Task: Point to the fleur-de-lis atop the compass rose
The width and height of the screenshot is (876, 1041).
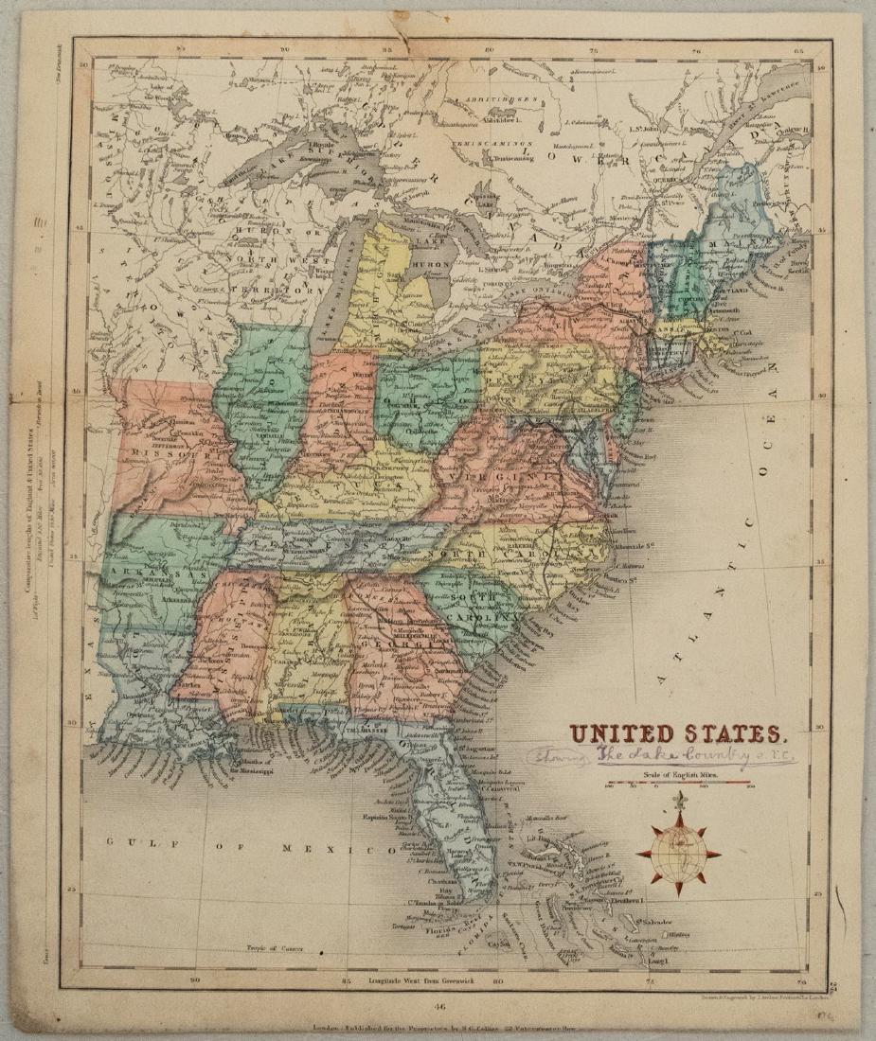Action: click(678, 803)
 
